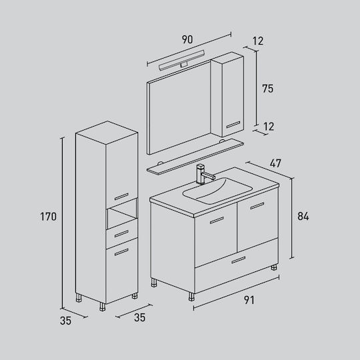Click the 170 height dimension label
coord(48,217)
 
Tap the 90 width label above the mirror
coord(187,39)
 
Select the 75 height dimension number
coord(268,89)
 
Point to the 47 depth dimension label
coord(275,163)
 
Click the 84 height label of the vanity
coord(303,216)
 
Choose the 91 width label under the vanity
coord(249,300)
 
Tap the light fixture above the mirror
coord(182,60)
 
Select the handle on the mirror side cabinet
coord(233,125)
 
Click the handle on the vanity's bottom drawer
coord(239,260)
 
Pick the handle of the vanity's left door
coord(217,220)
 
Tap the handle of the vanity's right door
coord(257,206)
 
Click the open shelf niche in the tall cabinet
coord(122,214)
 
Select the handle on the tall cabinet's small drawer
coord(121,234)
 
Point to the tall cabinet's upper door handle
coord(121,197)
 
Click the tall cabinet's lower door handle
coord(121,252)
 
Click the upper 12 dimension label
coord(257,41)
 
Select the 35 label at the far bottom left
coord(65,321)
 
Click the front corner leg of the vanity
coord(191,297)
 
